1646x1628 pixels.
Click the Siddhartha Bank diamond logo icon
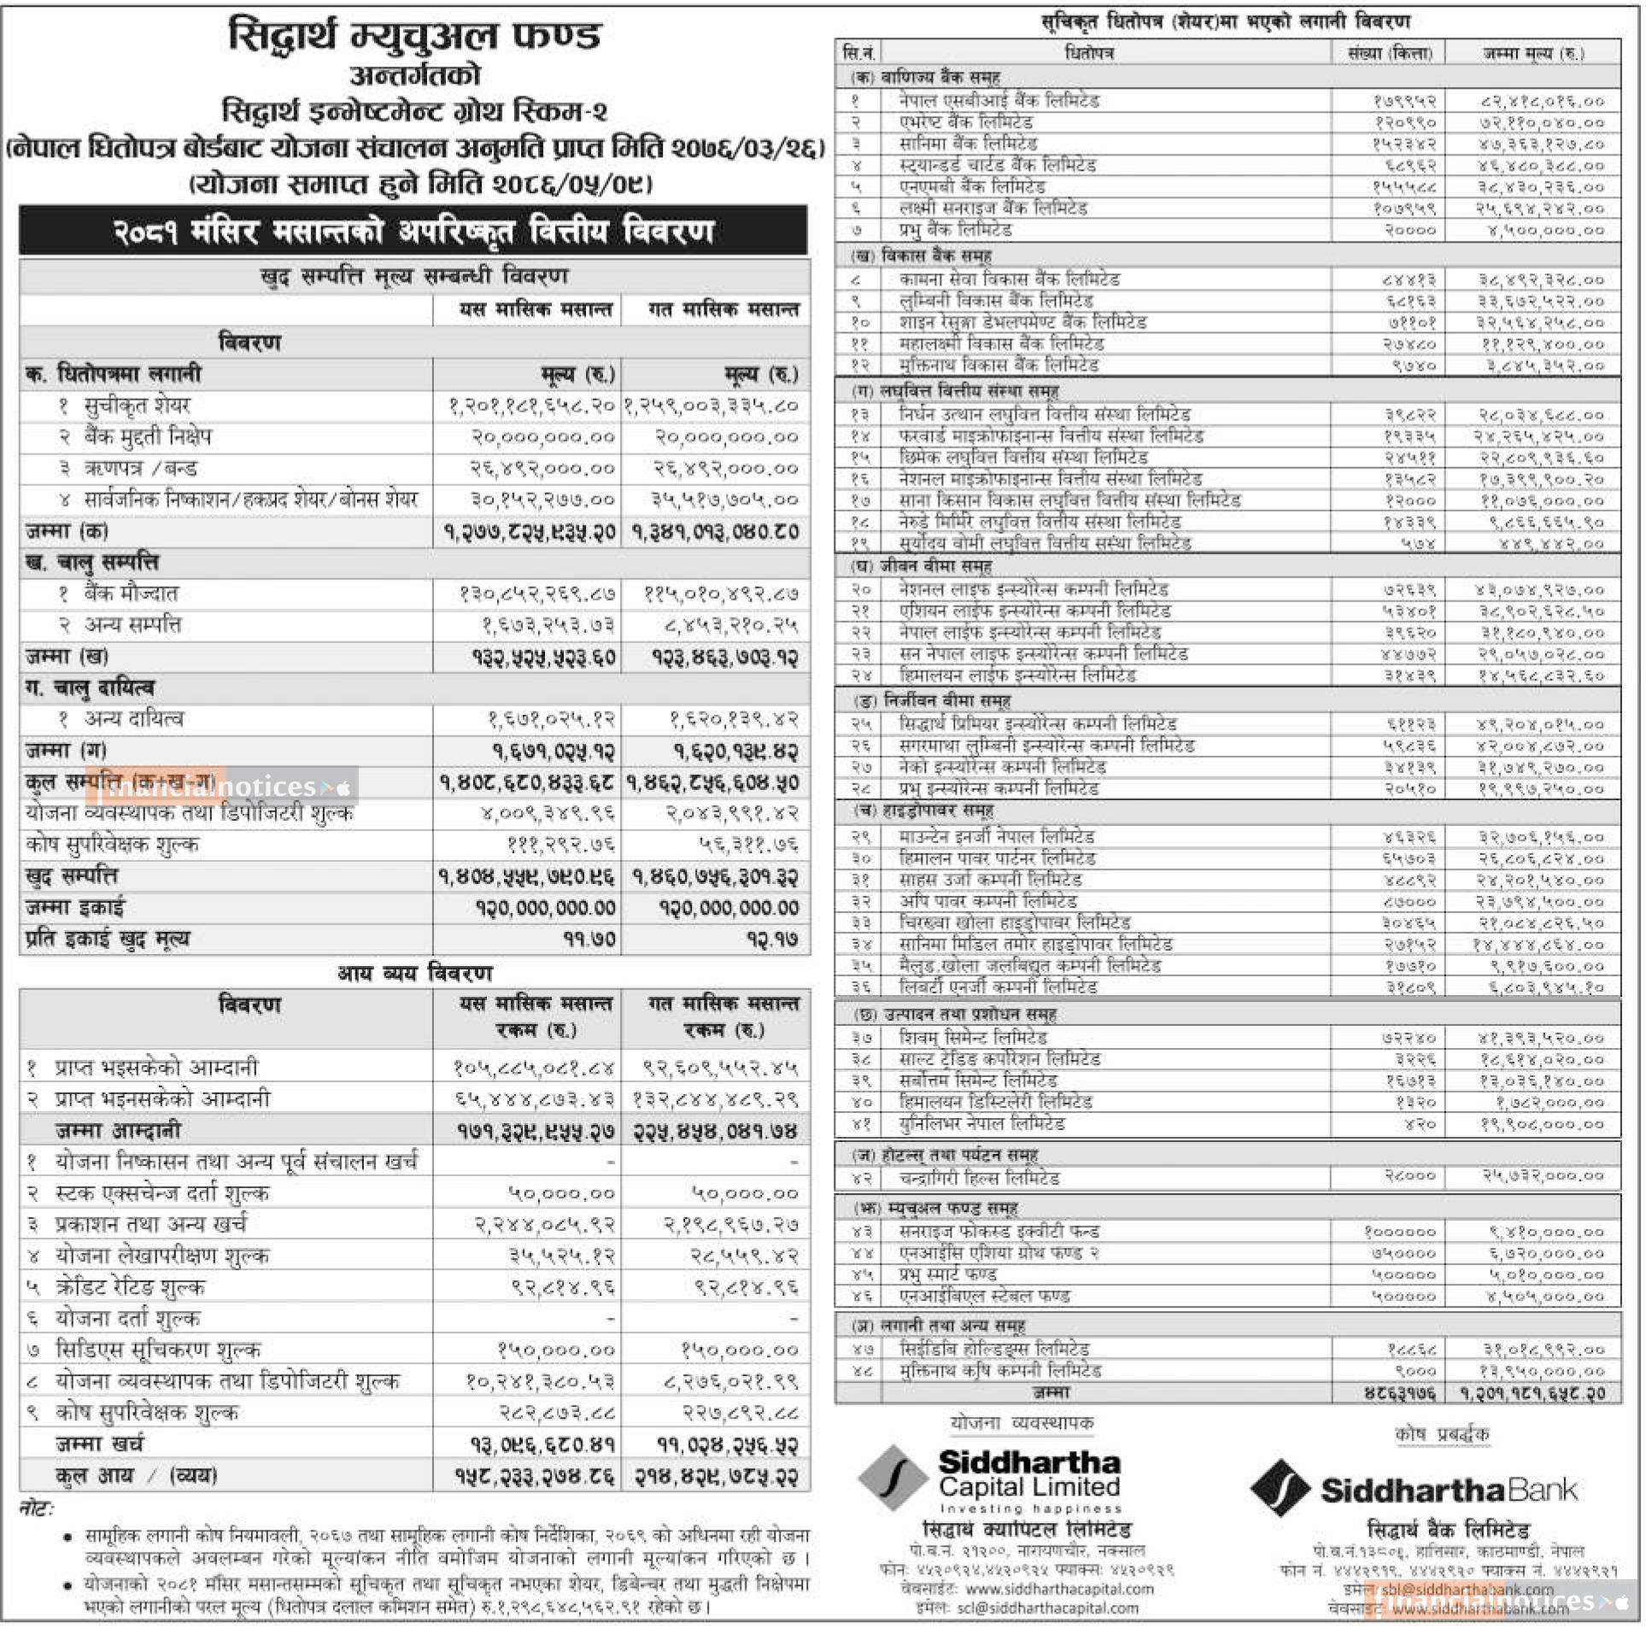click(x=1280, y=1487)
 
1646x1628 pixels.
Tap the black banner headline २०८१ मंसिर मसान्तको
click(x=413, y=231)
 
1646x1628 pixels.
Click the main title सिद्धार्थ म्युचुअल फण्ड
click(x=415, y=37)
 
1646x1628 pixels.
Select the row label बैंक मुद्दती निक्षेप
click(x=147, y=437)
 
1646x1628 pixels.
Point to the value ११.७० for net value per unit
click(x=589, y=940)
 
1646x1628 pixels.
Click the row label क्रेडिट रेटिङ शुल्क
click(x=130, y=1287)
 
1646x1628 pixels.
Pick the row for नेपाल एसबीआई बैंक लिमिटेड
click(x=999, y=101)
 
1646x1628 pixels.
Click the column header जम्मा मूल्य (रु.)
click(x=1533, y=53)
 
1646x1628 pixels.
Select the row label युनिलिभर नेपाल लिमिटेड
click(x=981, y=1124)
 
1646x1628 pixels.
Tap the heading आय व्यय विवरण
click(x=415, y=973)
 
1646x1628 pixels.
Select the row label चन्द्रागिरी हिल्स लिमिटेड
click(x=979, y=1179)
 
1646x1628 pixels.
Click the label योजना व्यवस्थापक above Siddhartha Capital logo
click(x=1022, y=1423)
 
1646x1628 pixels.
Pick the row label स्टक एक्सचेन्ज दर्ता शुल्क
click(x=161, y=1193)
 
